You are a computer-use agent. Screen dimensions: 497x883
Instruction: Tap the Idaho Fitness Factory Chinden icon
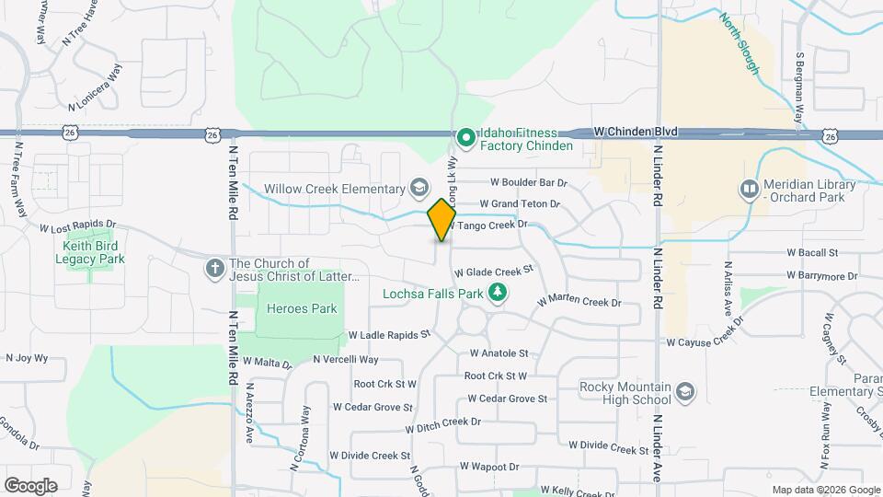tap(465, 139)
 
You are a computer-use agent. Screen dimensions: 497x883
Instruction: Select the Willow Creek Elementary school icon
tap(419, 189)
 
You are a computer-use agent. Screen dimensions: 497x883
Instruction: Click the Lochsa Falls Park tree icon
tap(498, 294)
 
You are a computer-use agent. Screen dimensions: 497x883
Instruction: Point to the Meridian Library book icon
tap(750, 191)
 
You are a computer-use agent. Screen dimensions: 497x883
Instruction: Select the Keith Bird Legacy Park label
tap(93, 252)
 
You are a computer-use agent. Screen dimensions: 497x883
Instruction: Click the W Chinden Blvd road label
tap(636, 133)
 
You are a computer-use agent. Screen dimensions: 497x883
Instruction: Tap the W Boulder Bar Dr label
tap(529, 182)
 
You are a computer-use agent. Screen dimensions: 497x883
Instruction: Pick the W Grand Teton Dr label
tap(520, 203)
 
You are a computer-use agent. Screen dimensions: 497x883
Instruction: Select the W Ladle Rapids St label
tap(389, 336)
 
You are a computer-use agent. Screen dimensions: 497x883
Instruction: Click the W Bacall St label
tap(812, 252)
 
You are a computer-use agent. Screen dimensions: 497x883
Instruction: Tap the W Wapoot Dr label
tap(489, 468)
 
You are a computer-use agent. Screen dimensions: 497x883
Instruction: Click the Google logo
tap(30, 485)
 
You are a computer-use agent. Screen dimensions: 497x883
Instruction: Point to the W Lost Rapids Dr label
tap(78, 225)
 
